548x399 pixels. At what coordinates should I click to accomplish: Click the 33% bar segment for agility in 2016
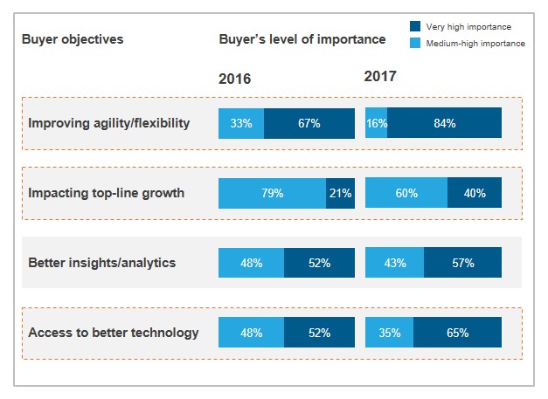[241, 123]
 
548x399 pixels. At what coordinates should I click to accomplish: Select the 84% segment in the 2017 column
[444, 123]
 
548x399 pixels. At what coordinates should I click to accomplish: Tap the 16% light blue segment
[376, 123]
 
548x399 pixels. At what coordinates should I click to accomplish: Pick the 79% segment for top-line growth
[272, 193]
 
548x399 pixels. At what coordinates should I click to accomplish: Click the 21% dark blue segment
[340, 193]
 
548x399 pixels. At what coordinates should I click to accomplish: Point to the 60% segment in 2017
[406, 193]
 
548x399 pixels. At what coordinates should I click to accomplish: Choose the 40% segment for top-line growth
[475, 193]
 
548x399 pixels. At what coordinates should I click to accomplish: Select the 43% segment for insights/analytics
[394, 263]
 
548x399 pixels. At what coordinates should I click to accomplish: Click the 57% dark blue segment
[462, 263]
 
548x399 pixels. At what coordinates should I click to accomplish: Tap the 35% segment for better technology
[389, 333]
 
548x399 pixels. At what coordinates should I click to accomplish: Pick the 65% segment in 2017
[457, 333]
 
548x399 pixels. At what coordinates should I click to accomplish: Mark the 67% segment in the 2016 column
[309, 123]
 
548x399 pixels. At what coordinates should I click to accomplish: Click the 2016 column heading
[234, 79]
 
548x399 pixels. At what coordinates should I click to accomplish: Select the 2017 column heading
[380, 77]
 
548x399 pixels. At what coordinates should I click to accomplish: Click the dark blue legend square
[415, 27]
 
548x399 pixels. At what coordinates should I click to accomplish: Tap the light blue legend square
[415, 43]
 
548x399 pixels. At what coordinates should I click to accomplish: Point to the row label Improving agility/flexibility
[109, 123]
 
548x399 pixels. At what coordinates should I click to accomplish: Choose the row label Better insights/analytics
[102, 263]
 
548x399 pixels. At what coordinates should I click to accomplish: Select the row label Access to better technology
[114, 333]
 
